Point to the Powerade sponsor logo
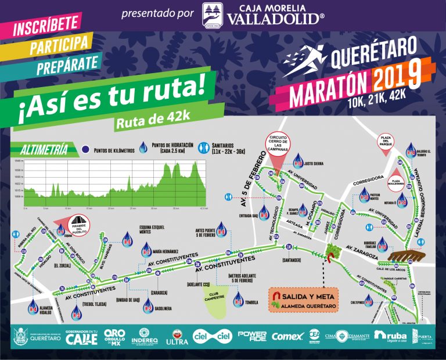tap(252, 336)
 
